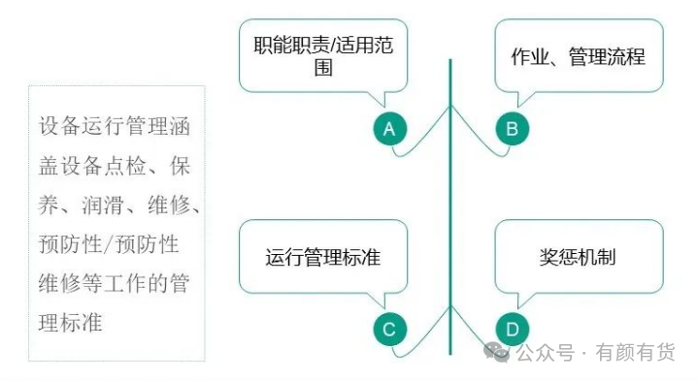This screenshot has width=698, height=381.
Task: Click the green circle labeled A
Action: [x=389, y=129]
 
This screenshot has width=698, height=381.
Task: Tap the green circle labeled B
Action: [x=513, y=129]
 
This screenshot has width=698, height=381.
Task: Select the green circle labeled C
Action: [x=389, y=330]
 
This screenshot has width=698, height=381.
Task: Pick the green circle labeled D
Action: [x=513, y=330]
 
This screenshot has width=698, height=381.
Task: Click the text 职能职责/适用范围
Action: [x=323, y=56]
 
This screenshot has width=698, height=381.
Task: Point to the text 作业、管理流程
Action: [x=578, y=57]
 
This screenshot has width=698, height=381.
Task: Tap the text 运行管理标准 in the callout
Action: [x=323, y=258]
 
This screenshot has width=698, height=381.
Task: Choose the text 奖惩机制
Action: [x=578, y=258]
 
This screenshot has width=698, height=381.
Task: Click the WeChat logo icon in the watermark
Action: [x=496, y=352]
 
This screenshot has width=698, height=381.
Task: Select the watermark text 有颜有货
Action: [x=636, y=352]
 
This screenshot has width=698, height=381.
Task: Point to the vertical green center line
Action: [x=450, y=206]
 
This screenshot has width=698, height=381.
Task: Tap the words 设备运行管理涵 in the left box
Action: [x=115, y=126]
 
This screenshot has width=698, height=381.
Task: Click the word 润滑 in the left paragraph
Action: [x=102, y=205]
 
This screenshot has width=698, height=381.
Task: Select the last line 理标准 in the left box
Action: [x=70, y=323]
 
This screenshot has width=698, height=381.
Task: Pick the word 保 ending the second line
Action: [x=180, y=166]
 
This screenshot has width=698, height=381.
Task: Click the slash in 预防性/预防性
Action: [x=109, y=244]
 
